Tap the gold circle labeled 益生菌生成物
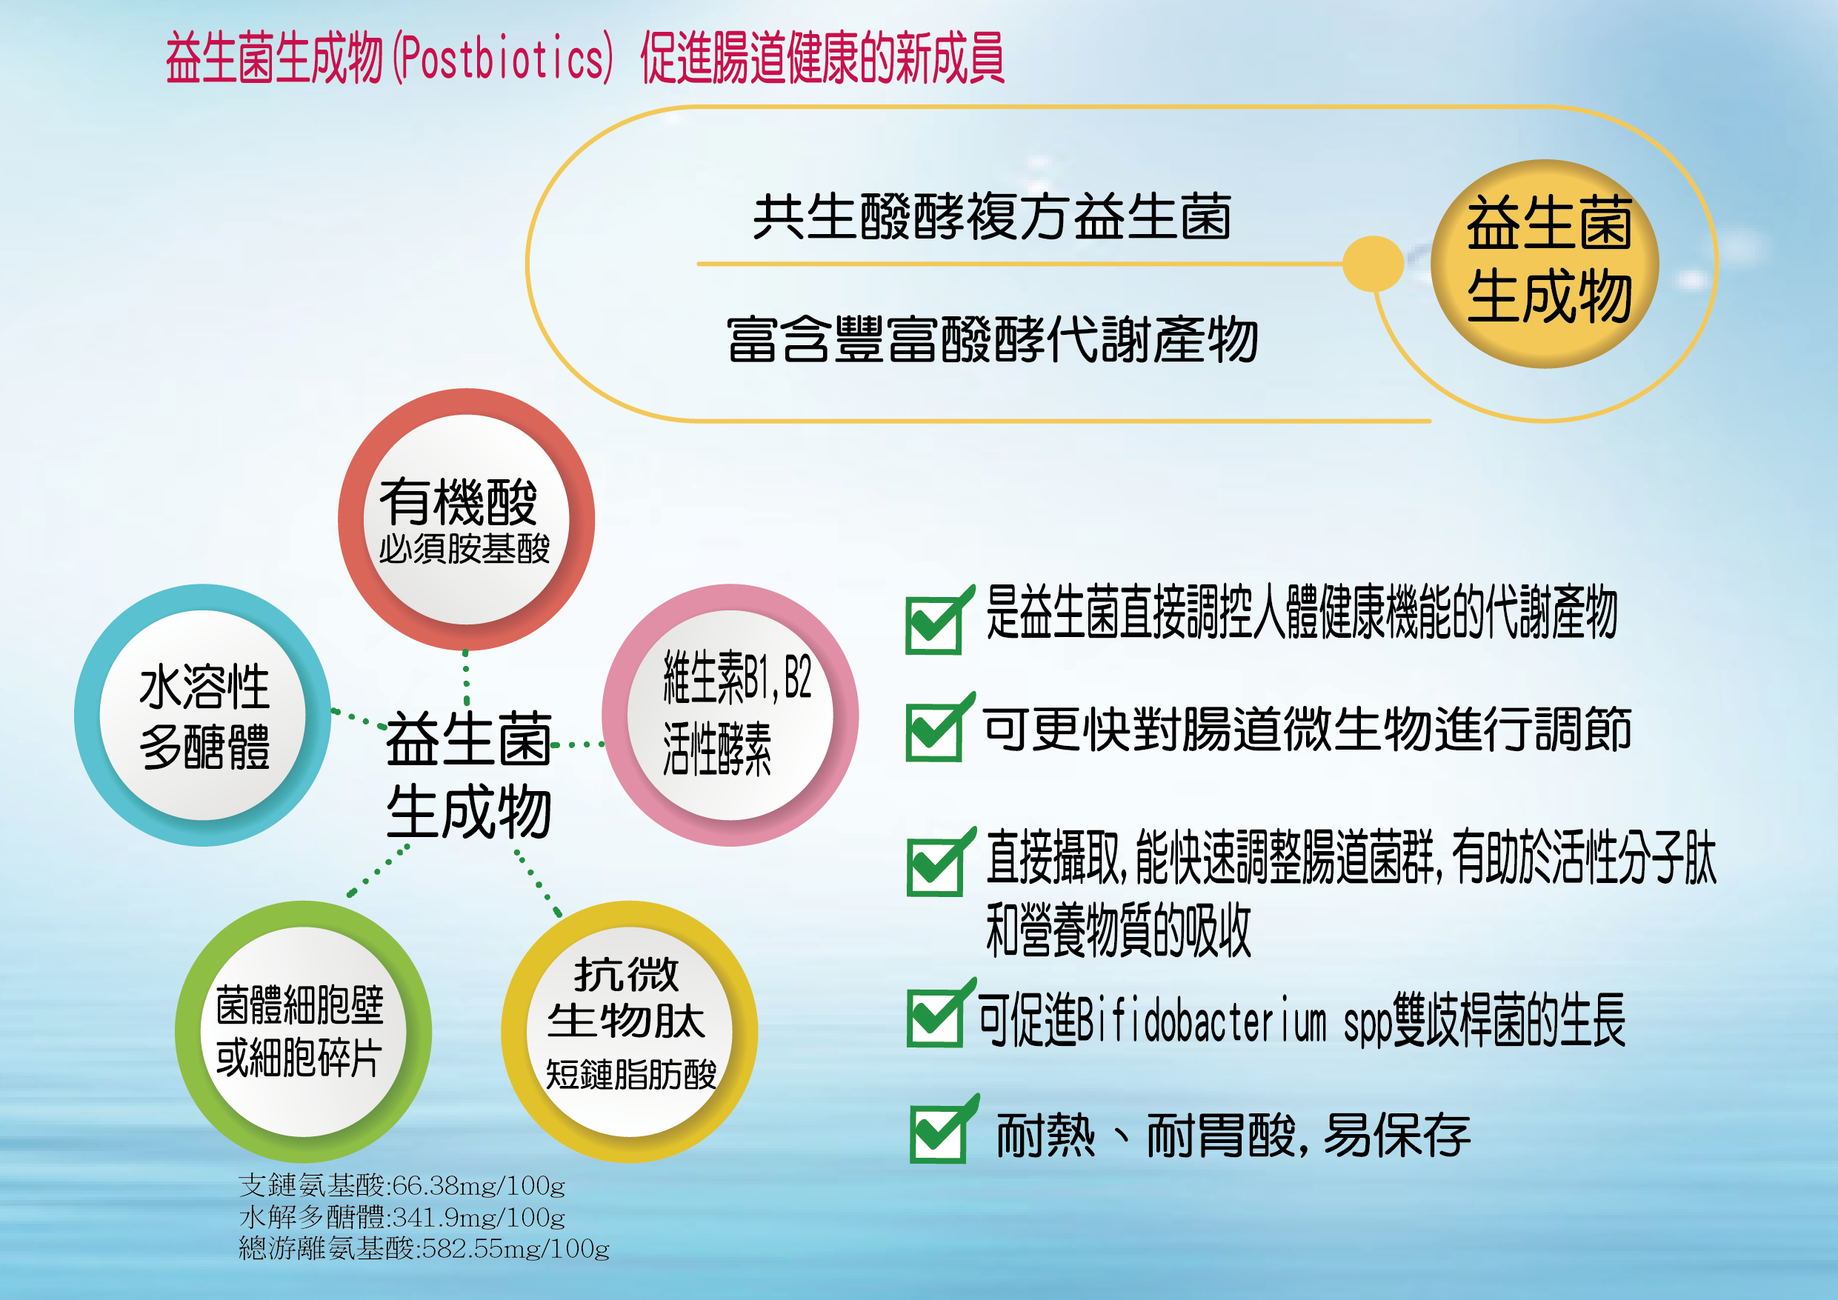(x=1545, y=264)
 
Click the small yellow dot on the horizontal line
(x=1372, y=264)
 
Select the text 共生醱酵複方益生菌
(x=992, y=217)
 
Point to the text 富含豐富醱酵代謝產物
(x=993, y=339)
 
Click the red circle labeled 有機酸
(x=467, y=519)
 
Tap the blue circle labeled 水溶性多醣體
(x=203, y=715)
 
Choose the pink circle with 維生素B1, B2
(x=730, y=715)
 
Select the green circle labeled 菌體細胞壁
(x=304, y=1032)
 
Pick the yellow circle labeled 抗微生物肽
(x=629, y=1032)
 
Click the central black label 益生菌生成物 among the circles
(x=469, y=775)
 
